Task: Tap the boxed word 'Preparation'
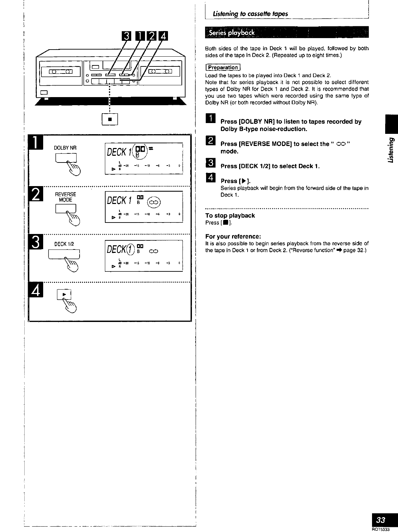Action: [223, 67]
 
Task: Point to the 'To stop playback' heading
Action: [230, 215]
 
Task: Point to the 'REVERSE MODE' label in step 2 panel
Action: [65, 197]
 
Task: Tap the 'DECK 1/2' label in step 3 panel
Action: [62, 244]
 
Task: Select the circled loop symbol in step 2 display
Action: [154, 203]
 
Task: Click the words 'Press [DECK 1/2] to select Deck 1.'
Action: [270, 166]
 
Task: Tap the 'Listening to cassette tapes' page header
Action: [250, 14]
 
